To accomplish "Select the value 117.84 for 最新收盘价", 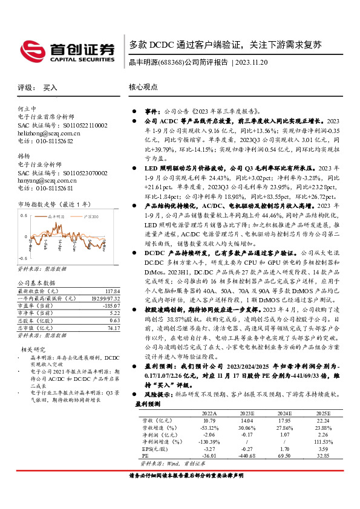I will (x=105, y=290).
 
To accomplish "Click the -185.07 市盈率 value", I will (x=106, y=305).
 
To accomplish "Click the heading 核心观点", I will (x=143, y=87).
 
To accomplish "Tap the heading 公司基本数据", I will (x=36, y=282).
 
